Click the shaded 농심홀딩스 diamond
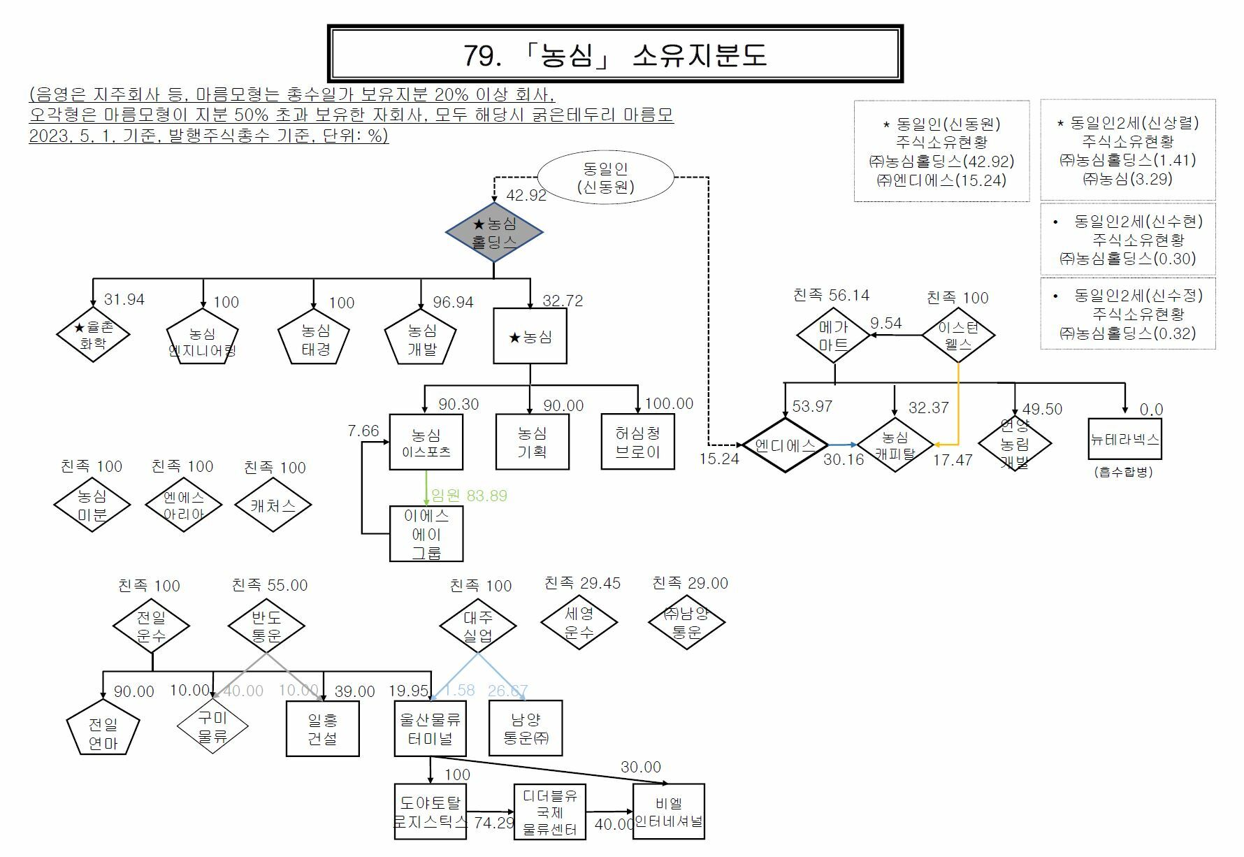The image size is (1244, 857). pyautogui.click(x=494, y=233)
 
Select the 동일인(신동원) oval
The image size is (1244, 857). pyautogui.click(x=605, y=177)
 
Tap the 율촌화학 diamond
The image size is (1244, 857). pyautogui.click(x=93, y=335)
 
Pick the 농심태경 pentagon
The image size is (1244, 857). pyautogui.click(x=314, y=338)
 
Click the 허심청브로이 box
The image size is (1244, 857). pyautogui.click(x=637, y=442)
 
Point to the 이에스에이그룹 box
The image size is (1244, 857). pyautogui.click(x=426, y=534)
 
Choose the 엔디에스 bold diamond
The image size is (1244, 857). pyautogui.click(x=785, y=445)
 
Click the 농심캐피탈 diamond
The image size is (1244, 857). pyautogui.click(x=895, y=445)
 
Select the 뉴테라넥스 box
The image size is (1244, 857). pyautogui.click(x=1124, y=439)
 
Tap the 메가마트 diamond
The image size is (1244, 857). pyautogui.click(x=833, y=336)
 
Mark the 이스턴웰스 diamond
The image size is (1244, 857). pyautogui.click(x=957, y=336)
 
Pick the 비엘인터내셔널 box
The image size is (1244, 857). pyautogui.click(x=668, y=812)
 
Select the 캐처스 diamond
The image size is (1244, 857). pyautogui.click(x=273, y=505)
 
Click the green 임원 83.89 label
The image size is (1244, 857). pyautogui.click(x=469, y=496)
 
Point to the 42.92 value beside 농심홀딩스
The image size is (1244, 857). pyautogui.click(x=526, y=195)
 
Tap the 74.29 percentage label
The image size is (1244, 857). pyautogui.click(x=493, y=823)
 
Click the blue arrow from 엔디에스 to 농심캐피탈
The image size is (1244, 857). pyautogui.click(x=842, y=445)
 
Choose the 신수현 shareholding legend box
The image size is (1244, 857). pyautogui.click(x=1128, y=240)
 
